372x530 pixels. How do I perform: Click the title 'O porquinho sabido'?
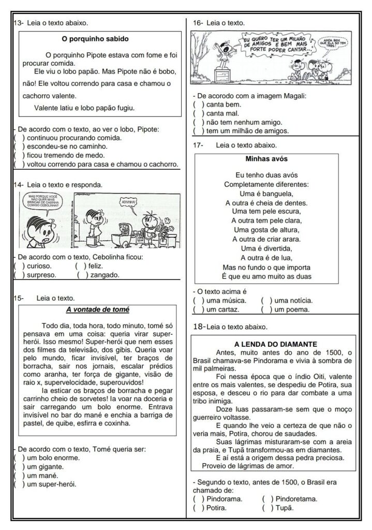(95, 38)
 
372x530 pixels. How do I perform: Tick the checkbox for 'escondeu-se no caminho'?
(19, 146)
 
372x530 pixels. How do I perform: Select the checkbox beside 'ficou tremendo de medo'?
(19, 155)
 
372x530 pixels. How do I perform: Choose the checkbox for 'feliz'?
(80, 266)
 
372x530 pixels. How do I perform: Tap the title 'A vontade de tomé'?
(97, 310)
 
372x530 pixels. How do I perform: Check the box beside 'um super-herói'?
(19, 484)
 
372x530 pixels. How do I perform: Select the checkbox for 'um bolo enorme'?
(19, 458)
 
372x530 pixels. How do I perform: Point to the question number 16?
(197, 23)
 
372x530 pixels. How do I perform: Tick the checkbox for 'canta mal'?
(198, 113)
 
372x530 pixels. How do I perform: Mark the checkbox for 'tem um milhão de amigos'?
(198, 131)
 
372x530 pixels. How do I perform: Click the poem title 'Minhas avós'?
(266, 159)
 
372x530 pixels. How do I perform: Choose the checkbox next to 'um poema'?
(266, 310)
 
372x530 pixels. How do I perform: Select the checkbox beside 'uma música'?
(198, 300)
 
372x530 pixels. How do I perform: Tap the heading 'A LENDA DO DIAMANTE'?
(276, 344)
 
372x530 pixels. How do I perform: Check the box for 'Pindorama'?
(198, 499)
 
